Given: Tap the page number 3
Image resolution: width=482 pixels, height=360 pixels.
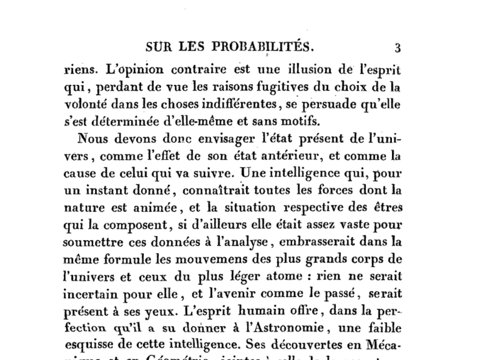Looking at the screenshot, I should (397, 47).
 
